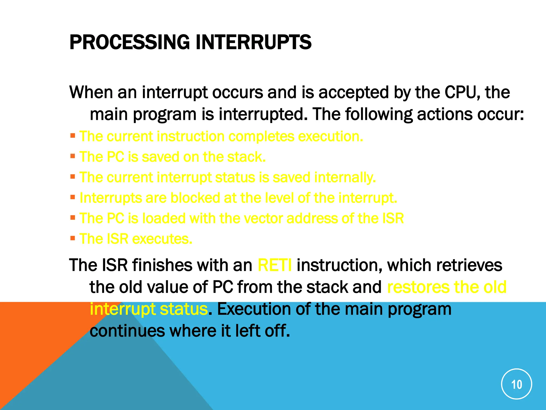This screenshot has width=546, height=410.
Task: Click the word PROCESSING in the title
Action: coord(129,42)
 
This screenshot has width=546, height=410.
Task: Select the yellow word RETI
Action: coord(275,265)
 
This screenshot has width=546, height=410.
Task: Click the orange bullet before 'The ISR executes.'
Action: coord(73,238)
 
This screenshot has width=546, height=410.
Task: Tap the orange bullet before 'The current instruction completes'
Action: coord(73,135)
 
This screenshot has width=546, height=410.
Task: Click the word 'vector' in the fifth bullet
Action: coord(263,218)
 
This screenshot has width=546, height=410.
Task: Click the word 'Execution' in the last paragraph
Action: coord(253,309)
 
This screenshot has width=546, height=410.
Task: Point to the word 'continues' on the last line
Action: coord(127,331)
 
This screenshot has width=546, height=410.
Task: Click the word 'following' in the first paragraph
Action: coord(379,114)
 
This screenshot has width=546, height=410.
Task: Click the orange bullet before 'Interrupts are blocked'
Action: coord(73,197)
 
